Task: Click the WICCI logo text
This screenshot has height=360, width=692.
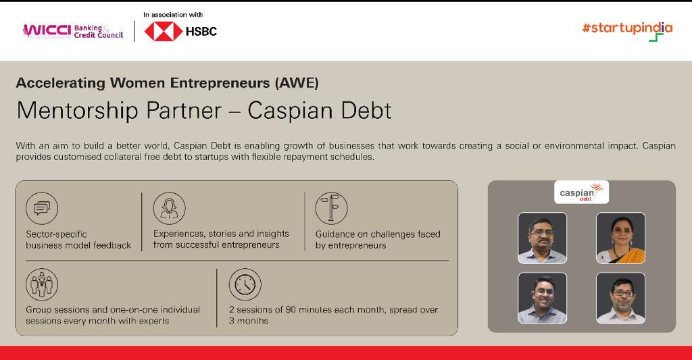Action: (x=46, y=31)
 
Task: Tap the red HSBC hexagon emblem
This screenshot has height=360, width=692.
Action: (x=163, y=32)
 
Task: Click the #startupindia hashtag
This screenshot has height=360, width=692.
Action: (x=626, y=28)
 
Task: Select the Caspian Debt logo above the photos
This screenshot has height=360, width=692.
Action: (x=581, y=192)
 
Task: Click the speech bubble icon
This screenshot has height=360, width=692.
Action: (x=42, y=208)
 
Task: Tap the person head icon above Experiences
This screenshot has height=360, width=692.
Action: (x=169, y=208)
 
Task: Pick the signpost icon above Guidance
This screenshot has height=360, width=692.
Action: (x=331, y=208)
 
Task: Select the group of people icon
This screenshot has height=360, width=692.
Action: (x=42, y=284)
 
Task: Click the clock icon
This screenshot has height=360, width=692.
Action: (x=245, y=284)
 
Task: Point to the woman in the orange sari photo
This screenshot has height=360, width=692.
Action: (x=620, y=238)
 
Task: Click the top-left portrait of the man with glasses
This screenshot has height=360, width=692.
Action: (x=542, y=238)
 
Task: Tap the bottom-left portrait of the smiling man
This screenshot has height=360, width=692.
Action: (x=542, y=298)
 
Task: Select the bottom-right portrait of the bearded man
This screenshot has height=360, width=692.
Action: (x=620, y=298)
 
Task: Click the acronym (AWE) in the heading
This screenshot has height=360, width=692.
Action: (x=296, y=83)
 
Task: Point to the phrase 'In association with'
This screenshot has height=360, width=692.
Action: (x=173, y=14)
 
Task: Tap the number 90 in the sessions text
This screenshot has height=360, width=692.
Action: (x=291, y=310)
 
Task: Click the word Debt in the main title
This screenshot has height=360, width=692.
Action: (x=366, y=110)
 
